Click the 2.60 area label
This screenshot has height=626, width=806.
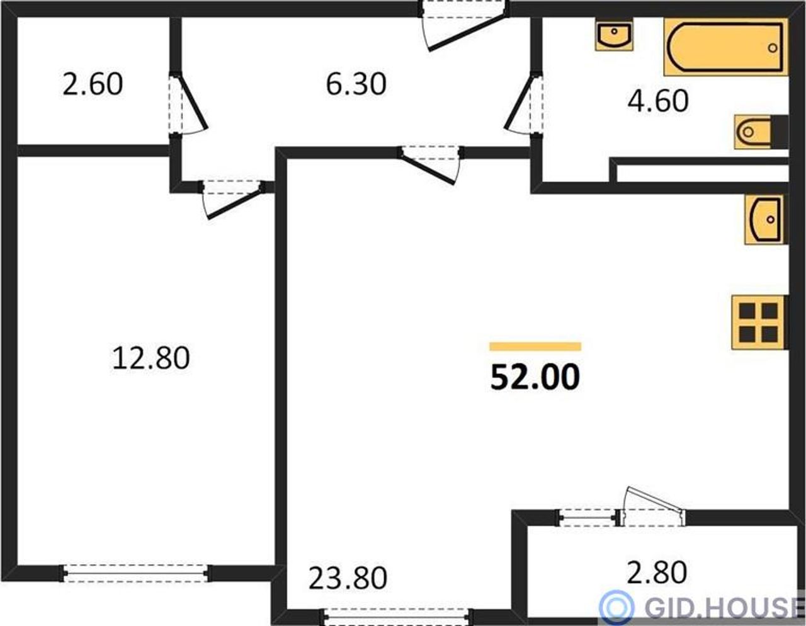[93, 84]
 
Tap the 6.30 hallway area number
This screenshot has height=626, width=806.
[356, 84]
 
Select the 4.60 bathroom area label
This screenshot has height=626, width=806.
[658, 101]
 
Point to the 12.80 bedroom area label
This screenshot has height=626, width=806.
[150, 358]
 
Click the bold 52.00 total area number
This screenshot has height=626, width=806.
[535, 377]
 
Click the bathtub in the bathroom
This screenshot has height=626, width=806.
[726, 47]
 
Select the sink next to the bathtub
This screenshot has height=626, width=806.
[614, 36]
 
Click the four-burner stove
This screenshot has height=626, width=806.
[759, 322]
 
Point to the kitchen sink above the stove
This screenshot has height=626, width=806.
[766, 220]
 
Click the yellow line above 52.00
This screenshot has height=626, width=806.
[535, 346]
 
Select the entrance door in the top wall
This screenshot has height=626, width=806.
[463, 26]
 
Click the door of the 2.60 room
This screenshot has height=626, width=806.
[188, 104]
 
